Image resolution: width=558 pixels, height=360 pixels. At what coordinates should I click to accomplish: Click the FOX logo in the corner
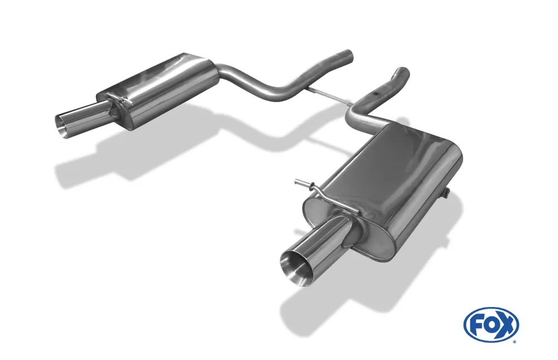[491, 325]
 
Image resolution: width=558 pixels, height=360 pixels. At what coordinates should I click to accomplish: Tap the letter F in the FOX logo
[477, 325]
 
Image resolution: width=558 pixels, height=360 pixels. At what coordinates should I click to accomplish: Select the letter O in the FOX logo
[492, 325]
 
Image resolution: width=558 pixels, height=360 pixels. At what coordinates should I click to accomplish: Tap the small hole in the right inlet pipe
[376, 94]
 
